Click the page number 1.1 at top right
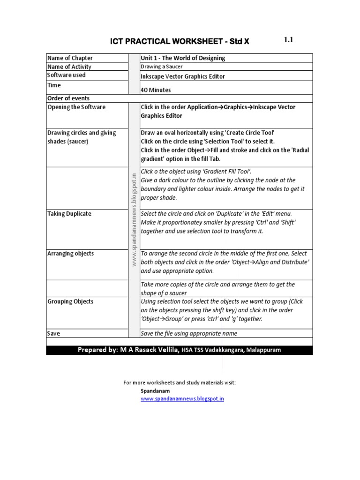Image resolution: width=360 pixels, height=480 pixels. coord(288,40)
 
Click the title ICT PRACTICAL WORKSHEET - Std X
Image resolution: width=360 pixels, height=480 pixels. coord(180,42)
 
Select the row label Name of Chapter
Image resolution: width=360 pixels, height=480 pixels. coord(70,58)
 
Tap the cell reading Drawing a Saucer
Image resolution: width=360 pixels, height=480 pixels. coord(162,67)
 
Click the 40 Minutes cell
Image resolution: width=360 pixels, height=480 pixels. coord(156,90)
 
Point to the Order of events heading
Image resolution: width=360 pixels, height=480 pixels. coord(68,98)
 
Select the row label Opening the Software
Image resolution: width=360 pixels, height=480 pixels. coord(76,107)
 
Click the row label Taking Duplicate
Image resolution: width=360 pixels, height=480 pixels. coord(69,214)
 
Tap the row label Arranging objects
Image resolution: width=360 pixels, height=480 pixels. coord(70,254)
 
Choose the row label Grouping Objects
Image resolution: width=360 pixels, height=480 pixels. coord(70,301)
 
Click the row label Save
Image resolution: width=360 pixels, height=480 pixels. coord(54,333)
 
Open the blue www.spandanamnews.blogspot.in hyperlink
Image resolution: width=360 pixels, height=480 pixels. coord(182,399)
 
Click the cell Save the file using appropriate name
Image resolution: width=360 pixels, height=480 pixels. coord(189,333)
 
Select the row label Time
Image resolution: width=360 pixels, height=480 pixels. coord(54,85)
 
